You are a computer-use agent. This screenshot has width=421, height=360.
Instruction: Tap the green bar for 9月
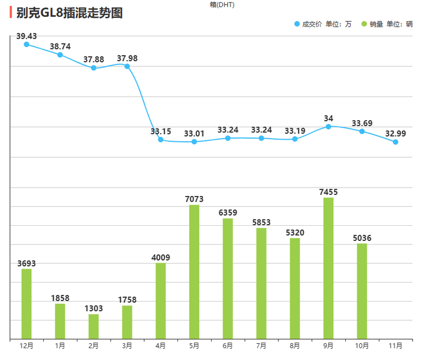pos(328,268)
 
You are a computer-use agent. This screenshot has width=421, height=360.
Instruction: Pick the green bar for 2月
pos(94,326)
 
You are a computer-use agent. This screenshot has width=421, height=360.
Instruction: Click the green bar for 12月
pos(26,304)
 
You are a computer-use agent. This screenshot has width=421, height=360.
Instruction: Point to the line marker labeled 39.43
pos(26,44)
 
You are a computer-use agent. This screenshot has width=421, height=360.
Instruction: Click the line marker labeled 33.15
pos(161,140)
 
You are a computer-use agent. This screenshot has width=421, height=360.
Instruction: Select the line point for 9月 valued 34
pos(328,126)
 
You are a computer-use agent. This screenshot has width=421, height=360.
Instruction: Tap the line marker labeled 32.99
pos(396,142)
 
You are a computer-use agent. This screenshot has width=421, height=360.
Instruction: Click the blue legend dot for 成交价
pos(297,24)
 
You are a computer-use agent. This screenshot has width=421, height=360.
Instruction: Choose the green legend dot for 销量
pos(364,24)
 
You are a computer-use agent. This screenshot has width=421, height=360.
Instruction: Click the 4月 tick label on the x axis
pos(161,345)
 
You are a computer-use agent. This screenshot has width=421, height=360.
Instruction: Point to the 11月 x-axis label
pos(396,345)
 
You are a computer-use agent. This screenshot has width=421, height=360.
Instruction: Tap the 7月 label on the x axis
pos(261,345)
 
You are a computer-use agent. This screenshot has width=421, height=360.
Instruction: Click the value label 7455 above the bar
pos(328,192)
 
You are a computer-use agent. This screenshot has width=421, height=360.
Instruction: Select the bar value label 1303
pos(94,308)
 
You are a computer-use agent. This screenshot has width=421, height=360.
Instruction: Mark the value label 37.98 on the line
pos(127,58)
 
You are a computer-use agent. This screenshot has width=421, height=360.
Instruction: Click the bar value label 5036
pos(362,238)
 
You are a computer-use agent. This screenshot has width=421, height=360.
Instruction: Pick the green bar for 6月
pos(228,279)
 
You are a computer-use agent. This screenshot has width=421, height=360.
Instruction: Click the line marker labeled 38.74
pos(60,55)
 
